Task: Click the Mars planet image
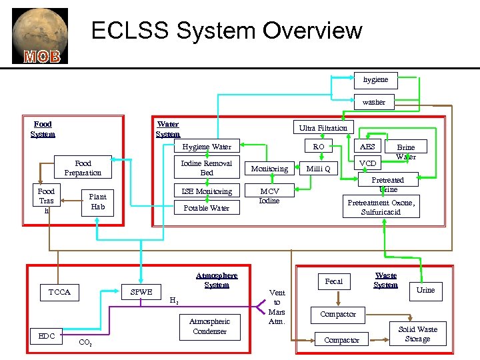[39, 30]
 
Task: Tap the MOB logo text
[42, 56]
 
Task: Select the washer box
[373, 102]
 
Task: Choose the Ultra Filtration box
[323, 127]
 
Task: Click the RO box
[319, 147]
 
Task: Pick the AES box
[367, 147]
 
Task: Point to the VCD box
[367, 163]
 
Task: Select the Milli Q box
[318, 169]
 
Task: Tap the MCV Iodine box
[269, 195]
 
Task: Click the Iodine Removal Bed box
[207, 168]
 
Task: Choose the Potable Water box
[207, 208]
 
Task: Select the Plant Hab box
[97, 201]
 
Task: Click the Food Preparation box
[83, 168]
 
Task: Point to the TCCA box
[59, 292]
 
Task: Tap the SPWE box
[141, 292]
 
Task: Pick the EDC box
[47, 336]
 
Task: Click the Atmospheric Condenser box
[209, 326]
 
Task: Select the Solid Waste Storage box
[417, 334]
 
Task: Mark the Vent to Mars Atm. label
[277, 307]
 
